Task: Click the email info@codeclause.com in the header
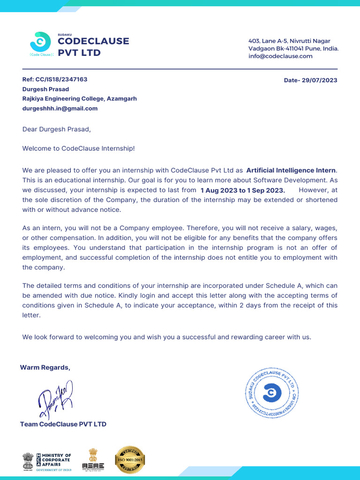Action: click(280, 56)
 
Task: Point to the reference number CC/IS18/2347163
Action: click(61, 80)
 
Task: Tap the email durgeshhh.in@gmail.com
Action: click(60, 108)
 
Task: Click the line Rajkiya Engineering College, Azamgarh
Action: click(80, 99)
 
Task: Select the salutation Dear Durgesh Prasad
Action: click(56, 129)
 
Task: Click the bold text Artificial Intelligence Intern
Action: click(291, 171)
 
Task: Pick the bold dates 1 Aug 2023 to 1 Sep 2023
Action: click(242, 190)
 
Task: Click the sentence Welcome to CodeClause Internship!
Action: click(78, 149)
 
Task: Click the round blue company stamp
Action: click(271, 392)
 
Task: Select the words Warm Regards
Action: click(45, 367)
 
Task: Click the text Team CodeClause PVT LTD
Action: click(63, 424)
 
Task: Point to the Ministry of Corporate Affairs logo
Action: click(47, 462)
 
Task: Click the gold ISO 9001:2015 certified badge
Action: click(130, 460)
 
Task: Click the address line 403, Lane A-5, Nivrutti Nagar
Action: click(289, 41)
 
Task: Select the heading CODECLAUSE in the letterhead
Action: click(93, 41)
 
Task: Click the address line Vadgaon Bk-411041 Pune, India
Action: click(293, 49)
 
